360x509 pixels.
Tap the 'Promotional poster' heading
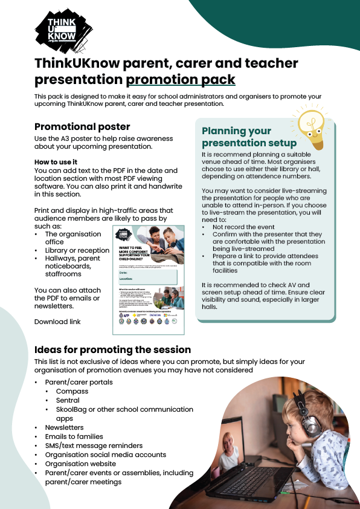[82, 127]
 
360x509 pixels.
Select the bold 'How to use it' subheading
[56, 162]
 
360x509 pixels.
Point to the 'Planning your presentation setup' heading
[249, 137]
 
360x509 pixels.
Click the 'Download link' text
[57, 322]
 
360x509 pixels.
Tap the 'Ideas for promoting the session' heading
[112, 350]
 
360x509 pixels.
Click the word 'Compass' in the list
[72, 391]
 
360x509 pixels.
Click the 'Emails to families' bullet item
[74, 436]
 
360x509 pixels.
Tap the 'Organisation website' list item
[80, 464]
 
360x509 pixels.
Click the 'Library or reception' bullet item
[77, 250]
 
